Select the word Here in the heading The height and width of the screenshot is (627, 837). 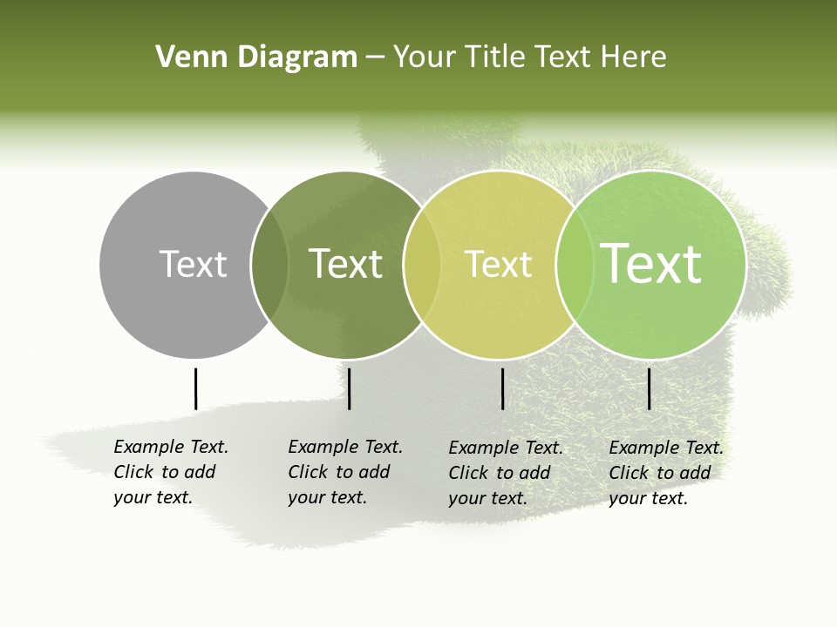click(x=632, y=57)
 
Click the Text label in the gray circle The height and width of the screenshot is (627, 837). click(x=193, y=264)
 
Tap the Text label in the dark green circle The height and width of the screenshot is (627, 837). click(x=345, y=264)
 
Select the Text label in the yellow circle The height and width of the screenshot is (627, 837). click(x=498, y=264)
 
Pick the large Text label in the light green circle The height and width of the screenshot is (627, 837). click(x=651, y=263)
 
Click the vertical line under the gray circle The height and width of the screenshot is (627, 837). click(x=195, y=388)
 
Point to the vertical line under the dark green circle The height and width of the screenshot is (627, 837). click(x=349, y=388)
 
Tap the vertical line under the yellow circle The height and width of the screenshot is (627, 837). click(x=503, y=388)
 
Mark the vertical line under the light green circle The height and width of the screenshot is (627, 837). click(x=650, y=388)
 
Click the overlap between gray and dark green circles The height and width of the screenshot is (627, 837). click(x=269, y=265)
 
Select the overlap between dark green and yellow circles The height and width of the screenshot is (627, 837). click(x=422, y=265)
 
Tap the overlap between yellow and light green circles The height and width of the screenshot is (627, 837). click(x=575, y=265)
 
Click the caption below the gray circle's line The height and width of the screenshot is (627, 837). click(x=171, y=472)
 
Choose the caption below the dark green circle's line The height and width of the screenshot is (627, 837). click(x=345, y=472)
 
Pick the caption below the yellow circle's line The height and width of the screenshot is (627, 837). click(x=506, y=473)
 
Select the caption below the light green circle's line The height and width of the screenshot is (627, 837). click(x=666, y=473)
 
